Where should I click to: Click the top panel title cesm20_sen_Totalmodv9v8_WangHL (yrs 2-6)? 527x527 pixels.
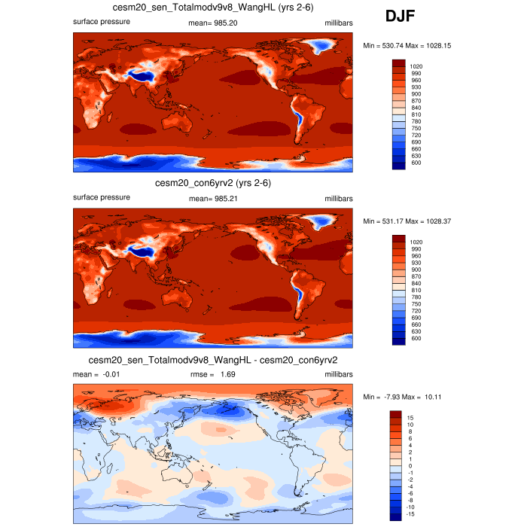pyautogui.click(x=213, y=8)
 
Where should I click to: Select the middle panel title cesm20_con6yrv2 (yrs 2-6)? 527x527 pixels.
pyautogui.click(x=213, y=183)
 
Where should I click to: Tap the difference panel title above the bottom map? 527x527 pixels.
pyautogui.click(x=213, y=360)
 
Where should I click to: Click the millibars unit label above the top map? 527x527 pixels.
pyautogui.click(x=339, y=22)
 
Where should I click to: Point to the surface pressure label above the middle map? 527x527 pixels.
pyautogui.click(x=102, y=198)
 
